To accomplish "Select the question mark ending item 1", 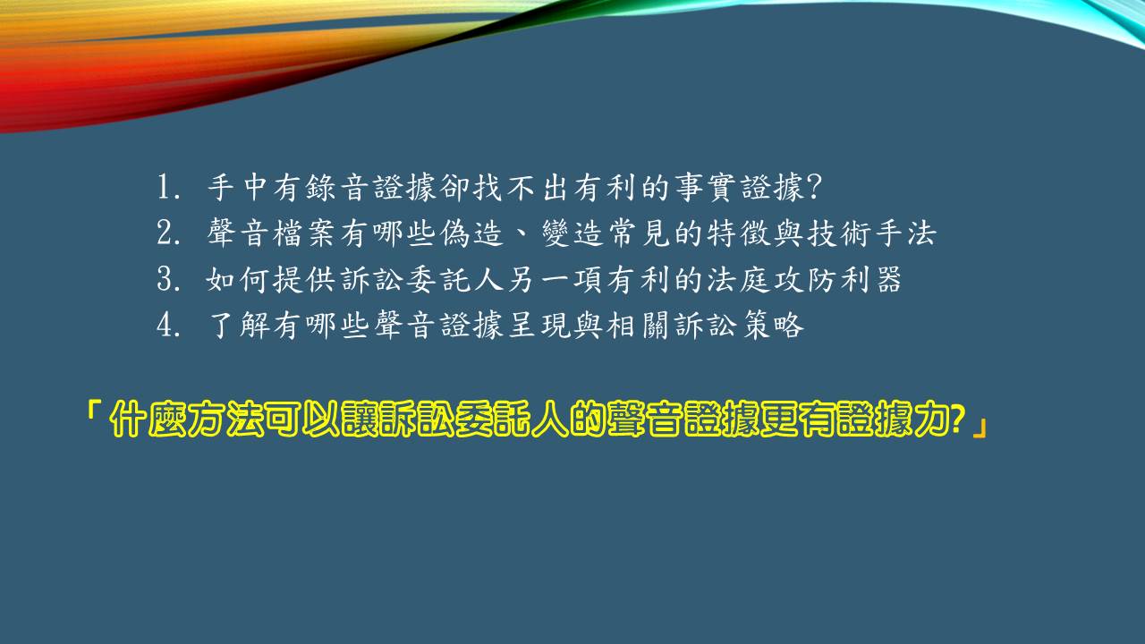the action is (x=813, y=187).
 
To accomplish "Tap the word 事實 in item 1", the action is (x=703, y=187).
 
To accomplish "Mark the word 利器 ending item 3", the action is (x=870, y=279).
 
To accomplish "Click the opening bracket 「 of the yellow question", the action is (x=92, y=413).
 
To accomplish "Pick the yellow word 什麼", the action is (x=148, y=419).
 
